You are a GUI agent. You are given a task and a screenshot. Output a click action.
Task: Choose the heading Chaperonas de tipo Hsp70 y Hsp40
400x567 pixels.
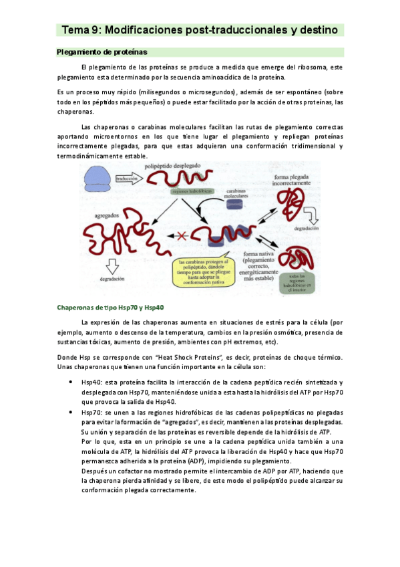(111, 308)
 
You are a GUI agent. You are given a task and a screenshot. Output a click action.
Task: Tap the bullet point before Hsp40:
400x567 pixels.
(71, 381)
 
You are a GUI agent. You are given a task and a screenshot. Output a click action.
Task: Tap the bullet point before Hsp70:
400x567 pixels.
(71, 413)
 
